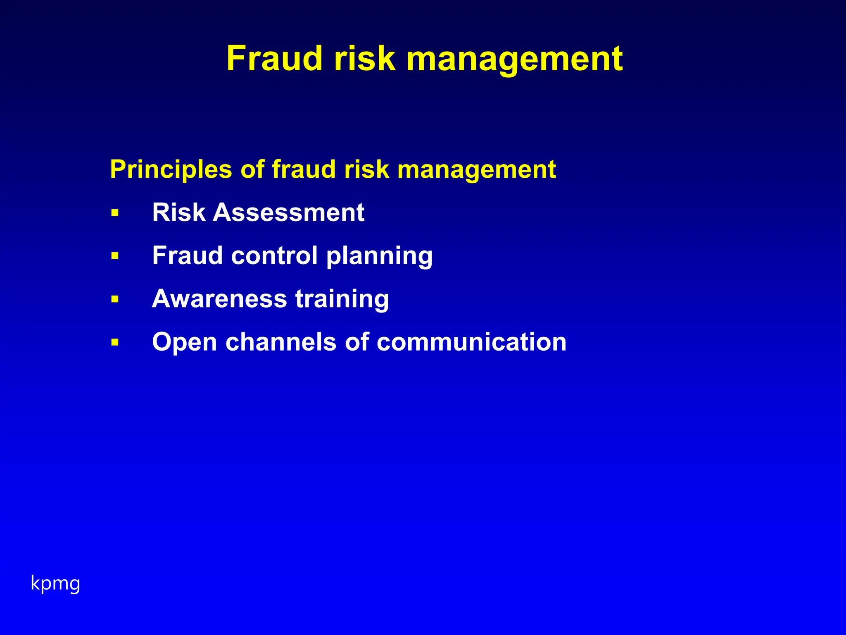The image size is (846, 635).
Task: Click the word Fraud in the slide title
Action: coord(274,59)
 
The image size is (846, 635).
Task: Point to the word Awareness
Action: coord(219,298)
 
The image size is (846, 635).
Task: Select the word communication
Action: coord(471,342)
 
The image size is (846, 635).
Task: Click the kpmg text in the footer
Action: coord(55,584)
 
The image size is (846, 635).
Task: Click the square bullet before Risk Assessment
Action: coord(115,213)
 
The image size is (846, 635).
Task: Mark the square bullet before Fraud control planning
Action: coord(115,256)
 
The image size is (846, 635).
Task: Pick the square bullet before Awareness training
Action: coord(115,299)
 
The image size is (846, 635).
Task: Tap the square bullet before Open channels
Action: coord(115,342)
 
